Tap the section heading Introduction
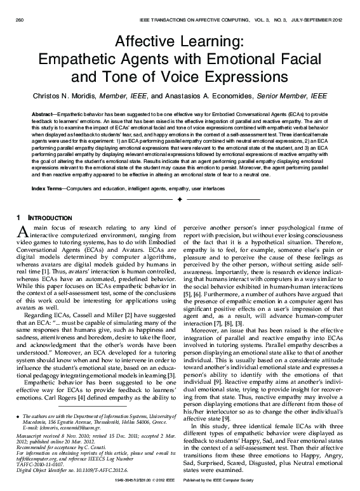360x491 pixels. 42,218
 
